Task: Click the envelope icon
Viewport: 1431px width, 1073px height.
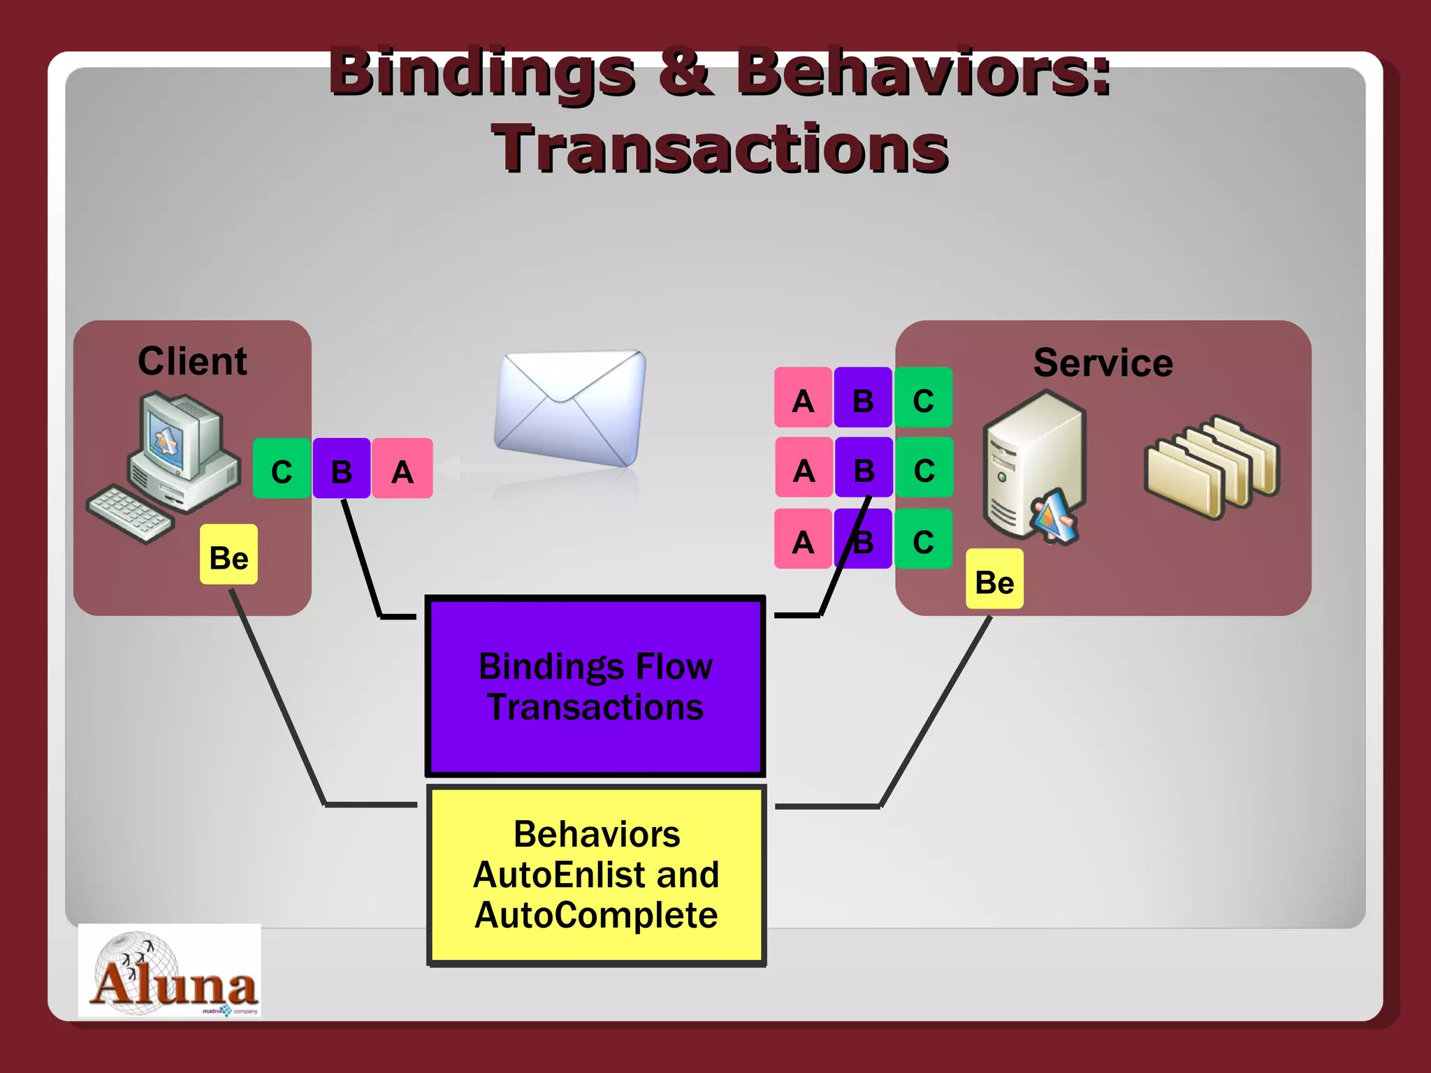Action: tap(569, 409)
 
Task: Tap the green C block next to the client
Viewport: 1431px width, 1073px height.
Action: tap(282, 469)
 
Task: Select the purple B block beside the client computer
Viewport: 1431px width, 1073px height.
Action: tap(341, 469)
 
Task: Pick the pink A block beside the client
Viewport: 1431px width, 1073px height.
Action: tap(402, 469)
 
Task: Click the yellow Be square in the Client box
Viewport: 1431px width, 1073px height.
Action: tap(228, 555)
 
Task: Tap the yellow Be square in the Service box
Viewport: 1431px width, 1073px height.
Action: tap(994, 579)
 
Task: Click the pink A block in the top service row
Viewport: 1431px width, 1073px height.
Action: tap(803, 397)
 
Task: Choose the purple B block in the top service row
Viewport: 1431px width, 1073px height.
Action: tap(863, 397)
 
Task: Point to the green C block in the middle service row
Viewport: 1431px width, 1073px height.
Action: tap(924, 467)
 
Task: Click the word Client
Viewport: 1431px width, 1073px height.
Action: tap(192, 361)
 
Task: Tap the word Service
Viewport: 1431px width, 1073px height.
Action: tap(1103, 363)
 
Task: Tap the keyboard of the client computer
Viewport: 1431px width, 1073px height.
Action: tap(129, 513)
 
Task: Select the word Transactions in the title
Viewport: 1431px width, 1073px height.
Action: tap(720, 148)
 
